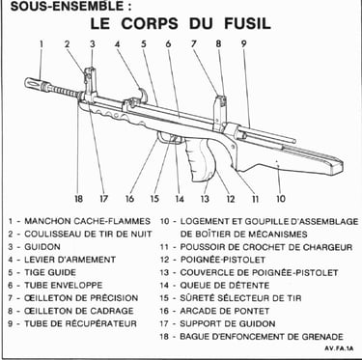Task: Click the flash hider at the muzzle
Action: pyautogui.click(x=37, y=82)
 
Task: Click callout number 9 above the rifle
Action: pyautogui.click(x=243, y=44)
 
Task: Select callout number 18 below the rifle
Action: pyautogui.click(x=78, y=199)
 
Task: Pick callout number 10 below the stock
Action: pyautogui.click(x=281, y=199)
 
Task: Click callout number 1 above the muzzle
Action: pyautogui.click(x=42, y=44)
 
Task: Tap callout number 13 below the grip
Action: pyautogui.click(x=205, y=199)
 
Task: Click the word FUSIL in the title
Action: pyautogui.click(x=247, y=23)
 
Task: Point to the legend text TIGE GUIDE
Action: pyautogui.click(x=50, y=272)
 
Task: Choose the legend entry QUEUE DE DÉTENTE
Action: pyautogui.click(x=225, y=286)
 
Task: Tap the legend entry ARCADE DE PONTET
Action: pyautogui.click(x=225, y=311)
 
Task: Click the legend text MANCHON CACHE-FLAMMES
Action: pyautogui.click(x=87, y=221)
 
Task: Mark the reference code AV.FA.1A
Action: pyautogui.click(x=339, y=348)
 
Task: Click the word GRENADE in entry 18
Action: pyautogui.click(x=322, y=337)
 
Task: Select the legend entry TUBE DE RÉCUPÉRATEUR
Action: pyautogui.click(x=80, y=323)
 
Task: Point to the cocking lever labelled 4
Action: pyautogui.click(x=143, y=94)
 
